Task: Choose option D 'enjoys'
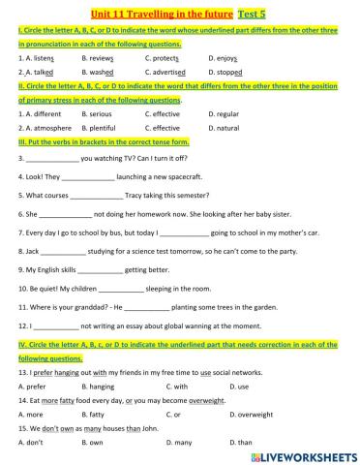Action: [x=228, y=59]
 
